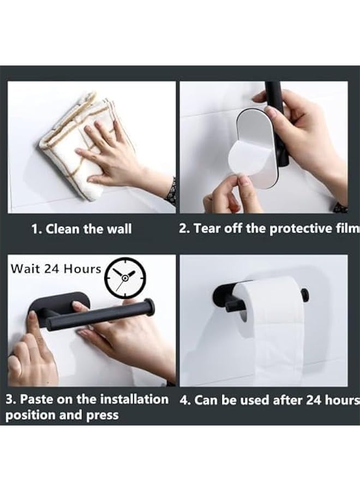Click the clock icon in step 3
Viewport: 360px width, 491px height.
coord(125,277)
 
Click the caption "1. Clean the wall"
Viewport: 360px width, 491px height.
coord(81,229)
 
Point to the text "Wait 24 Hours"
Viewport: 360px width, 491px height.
coord(56,268)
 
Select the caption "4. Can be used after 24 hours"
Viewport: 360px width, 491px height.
coord(269,400)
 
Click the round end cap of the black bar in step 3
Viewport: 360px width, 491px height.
coord(148,307)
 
